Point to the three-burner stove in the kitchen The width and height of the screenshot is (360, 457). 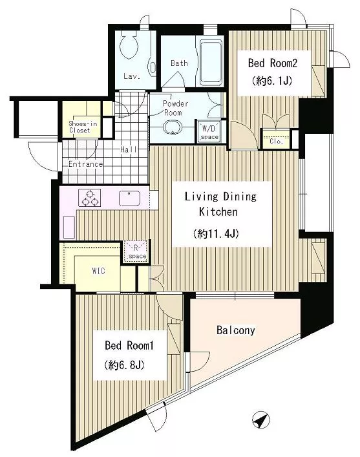[89, 198]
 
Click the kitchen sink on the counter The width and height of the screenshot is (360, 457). [129, 198]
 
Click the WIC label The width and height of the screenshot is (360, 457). [98, 271]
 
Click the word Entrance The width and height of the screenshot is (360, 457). [86, 164]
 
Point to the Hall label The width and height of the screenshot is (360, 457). [129, 149]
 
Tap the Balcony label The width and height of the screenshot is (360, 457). [235, 330]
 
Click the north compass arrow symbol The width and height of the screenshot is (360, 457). [261, 420]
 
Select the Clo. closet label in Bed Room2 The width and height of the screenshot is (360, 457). [277, 142]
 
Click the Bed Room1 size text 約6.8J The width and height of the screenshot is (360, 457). [124, 365]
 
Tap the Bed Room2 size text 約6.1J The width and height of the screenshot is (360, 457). [272, 81]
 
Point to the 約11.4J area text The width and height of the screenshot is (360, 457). [216, 233]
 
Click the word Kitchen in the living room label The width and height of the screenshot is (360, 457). [218, 212]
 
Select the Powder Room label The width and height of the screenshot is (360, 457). [175, 108]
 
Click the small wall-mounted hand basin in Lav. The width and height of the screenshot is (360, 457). [152, 69]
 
